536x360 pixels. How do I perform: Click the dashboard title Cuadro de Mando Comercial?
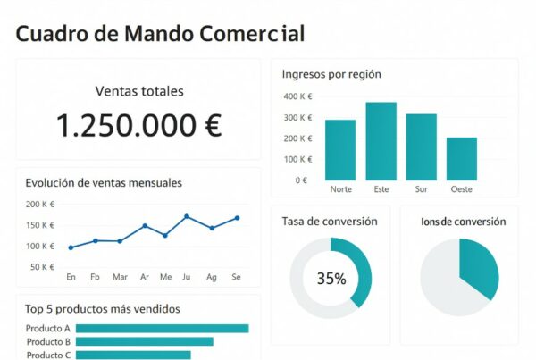[160, 34]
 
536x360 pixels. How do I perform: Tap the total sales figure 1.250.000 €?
[138, 126]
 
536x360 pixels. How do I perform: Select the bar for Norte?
[340, 149]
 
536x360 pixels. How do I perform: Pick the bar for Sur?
[421, 147]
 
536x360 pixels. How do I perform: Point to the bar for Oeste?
[462, 158]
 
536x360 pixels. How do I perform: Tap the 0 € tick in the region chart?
[301, 180]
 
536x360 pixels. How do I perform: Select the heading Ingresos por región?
[331, 74]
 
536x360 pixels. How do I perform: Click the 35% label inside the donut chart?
[331, 279]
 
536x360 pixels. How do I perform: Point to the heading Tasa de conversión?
[330, 221]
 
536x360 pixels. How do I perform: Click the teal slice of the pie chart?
[478, 267]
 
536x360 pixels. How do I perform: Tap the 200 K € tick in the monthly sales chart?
[40, 205]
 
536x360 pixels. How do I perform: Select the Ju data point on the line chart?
[187, 216]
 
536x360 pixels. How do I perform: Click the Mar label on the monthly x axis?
[120, 277]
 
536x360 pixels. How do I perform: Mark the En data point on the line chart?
[71, 247]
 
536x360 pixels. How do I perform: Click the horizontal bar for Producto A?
[162, 328]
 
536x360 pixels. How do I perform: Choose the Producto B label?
[48, 341]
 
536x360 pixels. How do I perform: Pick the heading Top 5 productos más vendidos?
[103, 309]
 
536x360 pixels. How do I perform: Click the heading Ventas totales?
[138, 91]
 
